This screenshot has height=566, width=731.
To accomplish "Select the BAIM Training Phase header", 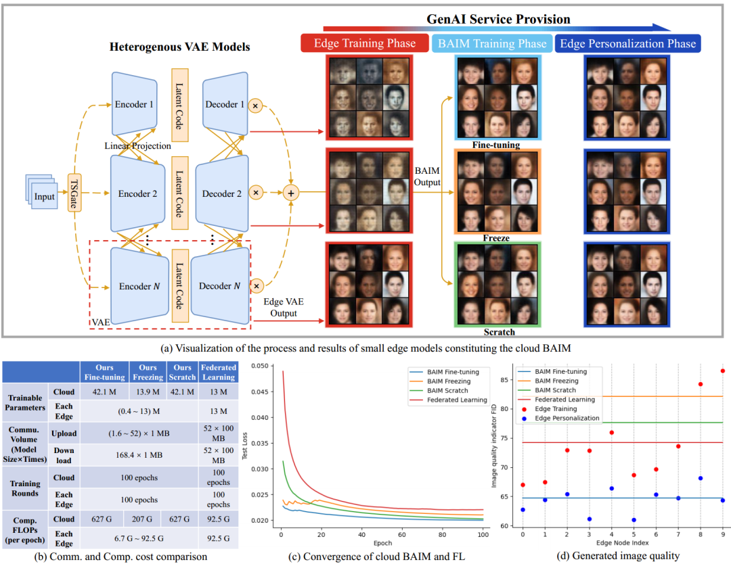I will tap(491, 43).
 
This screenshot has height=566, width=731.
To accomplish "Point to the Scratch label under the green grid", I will tap(500, 332).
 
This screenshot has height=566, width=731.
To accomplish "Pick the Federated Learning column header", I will tap(218, 372).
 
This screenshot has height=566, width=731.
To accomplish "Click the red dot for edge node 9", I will tap(722, 371).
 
